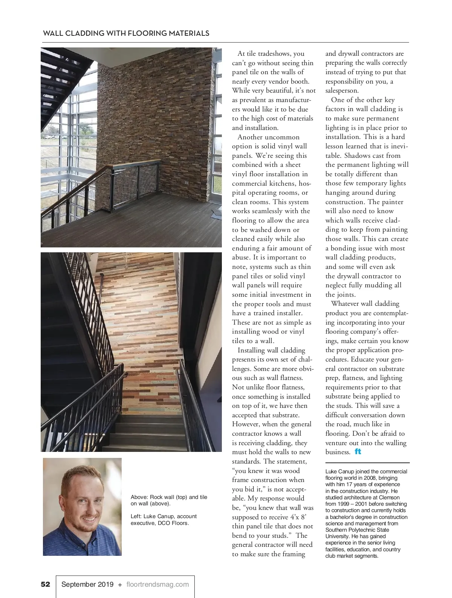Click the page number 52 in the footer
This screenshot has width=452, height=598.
click(45, 584)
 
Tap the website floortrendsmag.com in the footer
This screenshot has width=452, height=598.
click(157, 584)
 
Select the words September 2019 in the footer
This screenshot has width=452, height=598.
click(87, 584)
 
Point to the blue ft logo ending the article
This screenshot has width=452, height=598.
click(358, 452)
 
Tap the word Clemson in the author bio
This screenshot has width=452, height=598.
click(389, 497)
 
